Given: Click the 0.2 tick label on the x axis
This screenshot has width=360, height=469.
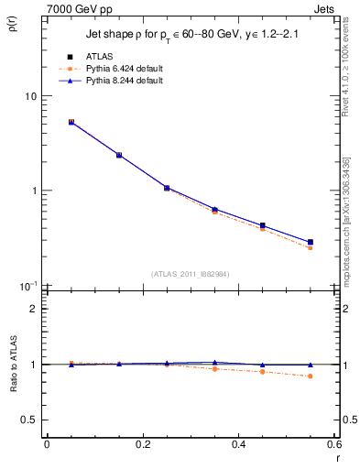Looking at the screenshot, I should [142, 444].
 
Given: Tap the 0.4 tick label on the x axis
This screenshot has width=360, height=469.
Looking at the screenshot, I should [238, 444].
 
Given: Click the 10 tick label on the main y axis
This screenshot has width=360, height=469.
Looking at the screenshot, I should [30, 96].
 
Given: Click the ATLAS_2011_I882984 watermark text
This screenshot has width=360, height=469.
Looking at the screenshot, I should [191, 273].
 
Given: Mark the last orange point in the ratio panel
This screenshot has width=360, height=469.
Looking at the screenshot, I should [311, 376].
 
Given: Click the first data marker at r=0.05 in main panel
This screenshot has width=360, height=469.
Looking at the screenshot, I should [71, 122].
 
